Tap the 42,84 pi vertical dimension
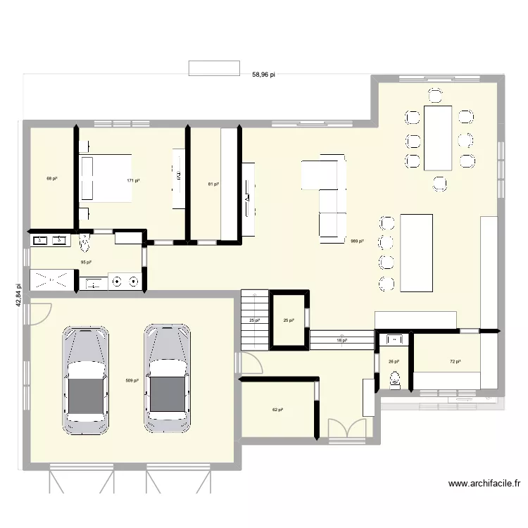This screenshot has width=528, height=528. (x=18, y=296)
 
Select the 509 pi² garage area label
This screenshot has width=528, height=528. (x=132, y=381)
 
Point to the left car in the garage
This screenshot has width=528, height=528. (x=86, y=379)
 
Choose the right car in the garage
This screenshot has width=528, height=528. (x=167, y=379)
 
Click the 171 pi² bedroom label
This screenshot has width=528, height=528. (x=133, y=181)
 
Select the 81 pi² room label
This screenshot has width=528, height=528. (x=213, y=184)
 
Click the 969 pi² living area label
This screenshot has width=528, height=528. (x=357, y=241)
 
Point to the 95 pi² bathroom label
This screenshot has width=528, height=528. (x=87, y=262)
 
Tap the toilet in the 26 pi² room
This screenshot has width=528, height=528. (x=394, y=380)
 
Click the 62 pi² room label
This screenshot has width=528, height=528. (x=278, y=410)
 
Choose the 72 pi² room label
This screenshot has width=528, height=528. (x=455, y=362)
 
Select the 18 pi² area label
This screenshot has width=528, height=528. (x=341, y=340)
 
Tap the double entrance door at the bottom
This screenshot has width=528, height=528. (x=347, y=431)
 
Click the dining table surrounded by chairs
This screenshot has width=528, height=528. (x=437, y=137)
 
